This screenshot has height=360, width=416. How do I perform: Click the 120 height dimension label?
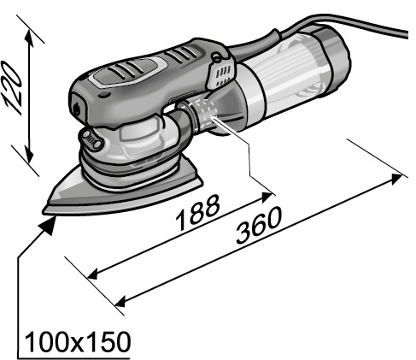(x=12, y=88)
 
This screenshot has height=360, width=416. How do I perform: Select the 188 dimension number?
(x=198, y=212)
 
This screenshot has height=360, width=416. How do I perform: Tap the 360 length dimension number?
(x=259, y=226)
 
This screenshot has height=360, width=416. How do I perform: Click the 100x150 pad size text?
(x=78, y=342)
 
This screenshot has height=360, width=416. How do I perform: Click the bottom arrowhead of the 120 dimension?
(x=28, y=154)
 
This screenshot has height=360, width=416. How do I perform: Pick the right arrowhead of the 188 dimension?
(x=267, y=197)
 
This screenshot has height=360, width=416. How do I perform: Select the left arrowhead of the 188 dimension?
(x=93, y=274)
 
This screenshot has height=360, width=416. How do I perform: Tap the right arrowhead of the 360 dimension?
(x=396, y=180)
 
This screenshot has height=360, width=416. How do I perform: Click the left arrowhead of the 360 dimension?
(x=120, y=301)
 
